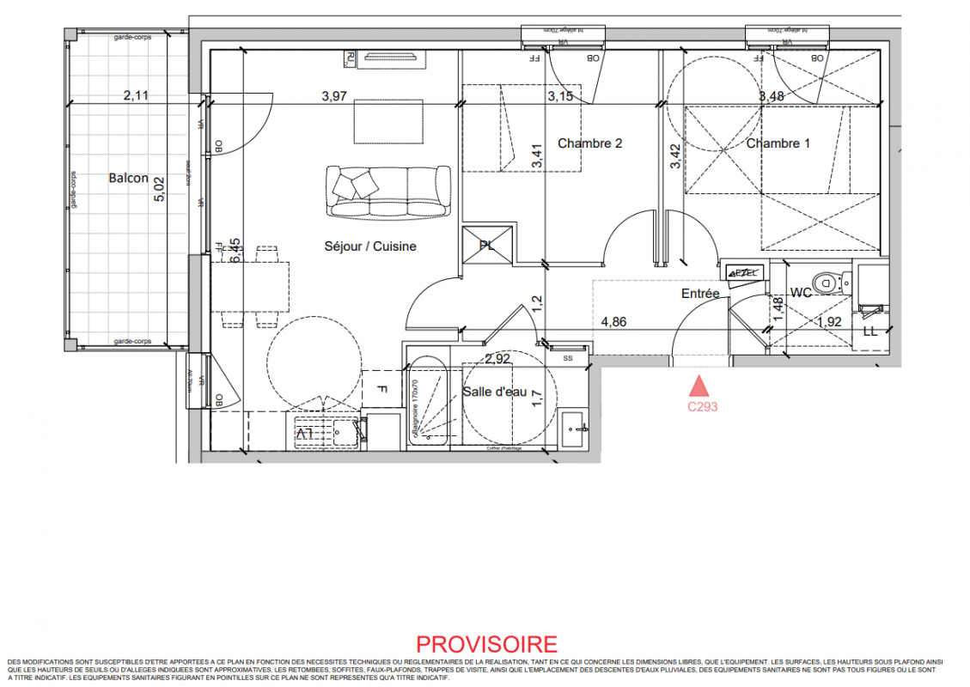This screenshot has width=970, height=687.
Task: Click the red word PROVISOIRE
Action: click(486, 644)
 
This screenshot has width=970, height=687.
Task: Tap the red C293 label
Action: click(702, 408)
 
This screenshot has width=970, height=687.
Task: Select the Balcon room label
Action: click(128, 179)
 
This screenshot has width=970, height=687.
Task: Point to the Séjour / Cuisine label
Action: click(369, 246)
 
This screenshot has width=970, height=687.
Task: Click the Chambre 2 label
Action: click(589, 143)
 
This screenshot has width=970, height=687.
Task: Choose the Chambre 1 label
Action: click(778, 143)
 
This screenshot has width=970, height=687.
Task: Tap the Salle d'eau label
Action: click(494, 392)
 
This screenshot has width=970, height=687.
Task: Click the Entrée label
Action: click(699, 294)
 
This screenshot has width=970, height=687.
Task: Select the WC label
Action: click(801, 294)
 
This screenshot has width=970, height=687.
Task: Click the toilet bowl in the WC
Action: click(827, 280)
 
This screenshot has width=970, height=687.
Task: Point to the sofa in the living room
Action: click(388, 191)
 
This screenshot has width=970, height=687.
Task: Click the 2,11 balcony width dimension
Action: click(136, 96)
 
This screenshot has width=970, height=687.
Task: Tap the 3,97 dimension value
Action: click(334, 96)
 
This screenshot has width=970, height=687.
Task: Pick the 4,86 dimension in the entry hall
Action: click(613, 322)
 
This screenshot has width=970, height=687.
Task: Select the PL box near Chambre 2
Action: click(488, 246)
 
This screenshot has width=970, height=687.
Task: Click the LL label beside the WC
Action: click(869, 331)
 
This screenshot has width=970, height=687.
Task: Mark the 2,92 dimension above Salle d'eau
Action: click(498, 359)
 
